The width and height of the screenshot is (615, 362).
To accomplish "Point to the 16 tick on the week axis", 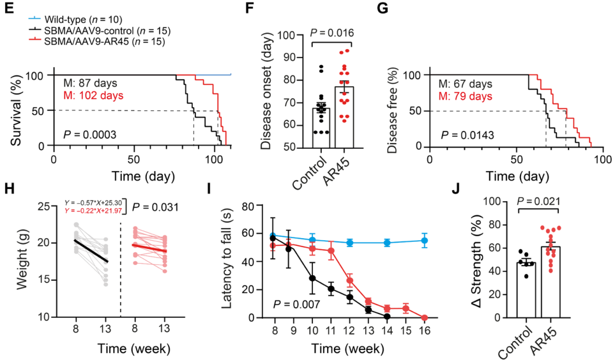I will pyautogui.click(x=425, y=331).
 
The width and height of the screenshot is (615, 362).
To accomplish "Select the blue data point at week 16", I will pyautogui.click(x=425, y=241).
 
